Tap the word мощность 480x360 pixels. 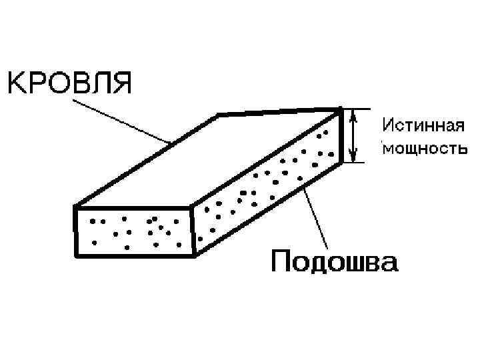pos(421,148)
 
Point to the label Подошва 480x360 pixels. pos(334,262)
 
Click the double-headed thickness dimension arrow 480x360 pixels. pos(354,136)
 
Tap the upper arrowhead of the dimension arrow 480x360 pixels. pos(354,115)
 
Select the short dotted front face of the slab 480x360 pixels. pos(133,230)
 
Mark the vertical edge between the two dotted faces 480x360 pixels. pos(193,231)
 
